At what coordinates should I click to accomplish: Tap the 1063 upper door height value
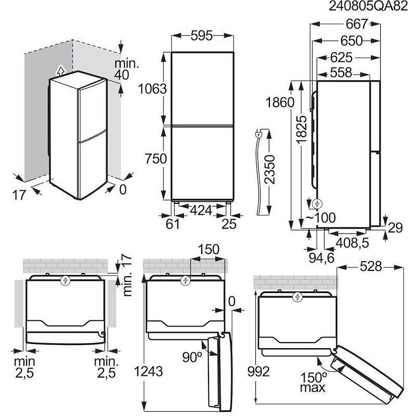coord(152,88)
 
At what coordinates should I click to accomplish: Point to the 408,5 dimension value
coord(351,242)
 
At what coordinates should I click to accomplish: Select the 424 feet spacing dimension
coord(200,211)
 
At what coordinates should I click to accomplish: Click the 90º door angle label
coord(192,357)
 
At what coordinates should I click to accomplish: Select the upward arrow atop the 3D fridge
coord(60,70)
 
